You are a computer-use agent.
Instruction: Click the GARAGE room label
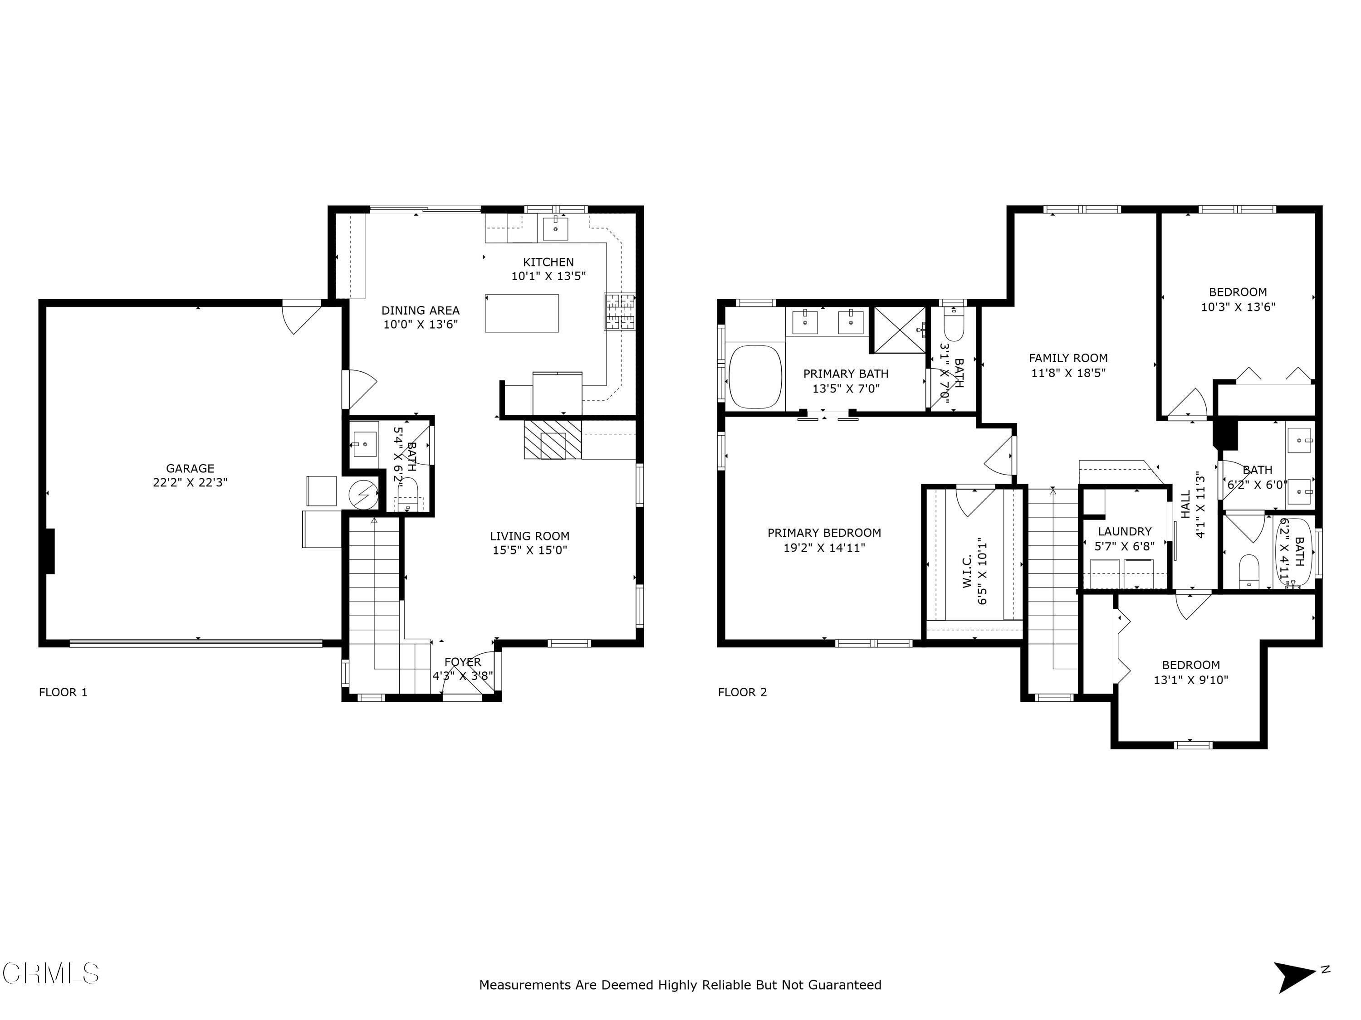[x=190, y=468]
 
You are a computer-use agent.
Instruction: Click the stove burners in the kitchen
[x=620, y=311]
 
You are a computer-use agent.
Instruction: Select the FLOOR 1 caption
[x=64, y=692]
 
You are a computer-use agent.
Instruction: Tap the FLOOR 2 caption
[x=742, y=692]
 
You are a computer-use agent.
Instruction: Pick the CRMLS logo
[x=50, y=973]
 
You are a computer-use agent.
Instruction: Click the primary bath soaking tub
[x=755, y=377]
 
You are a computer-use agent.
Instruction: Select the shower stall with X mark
[x=900, y=330]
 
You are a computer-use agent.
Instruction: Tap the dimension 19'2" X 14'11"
[x=824, y=547]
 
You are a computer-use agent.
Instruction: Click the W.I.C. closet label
[x=967, y=571]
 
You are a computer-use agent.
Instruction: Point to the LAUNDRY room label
[x=1124, y=531]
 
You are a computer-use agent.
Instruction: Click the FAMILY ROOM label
[x=1068, y=358]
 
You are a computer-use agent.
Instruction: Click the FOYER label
[x=463, y=662]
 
